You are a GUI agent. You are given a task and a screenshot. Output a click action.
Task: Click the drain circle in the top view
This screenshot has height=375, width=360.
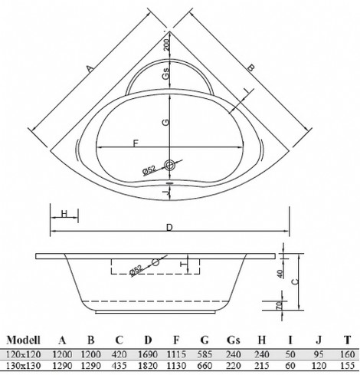tap(170, 164)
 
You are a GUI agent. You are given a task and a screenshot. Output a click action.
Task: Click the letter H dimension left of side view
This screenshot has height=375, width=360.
tap(64, 212)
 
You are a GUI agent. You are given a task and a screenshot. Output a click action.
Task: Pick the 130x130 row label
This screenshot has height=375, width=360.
tap(22, 367)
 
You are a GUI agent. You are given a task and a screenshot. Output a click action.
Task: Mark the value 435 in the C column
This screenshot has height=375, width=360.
tap(119, 367)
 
